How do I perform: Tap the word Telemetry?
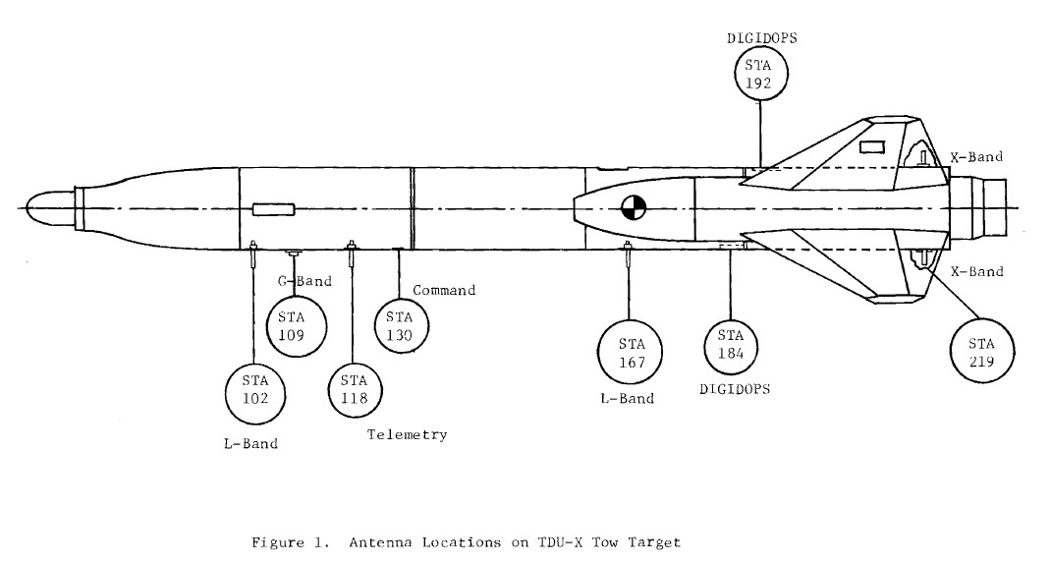407,434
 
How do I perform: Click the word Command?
444,291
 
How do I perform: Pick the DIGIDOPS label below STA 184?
735,389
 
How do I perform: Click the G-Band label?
303,281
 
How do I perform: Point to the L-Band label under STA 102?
250,443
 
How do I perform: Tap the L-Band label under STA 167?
626,399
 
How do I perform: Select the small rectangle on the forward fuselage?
273,209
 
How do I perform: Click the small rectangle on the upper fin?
871,147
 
